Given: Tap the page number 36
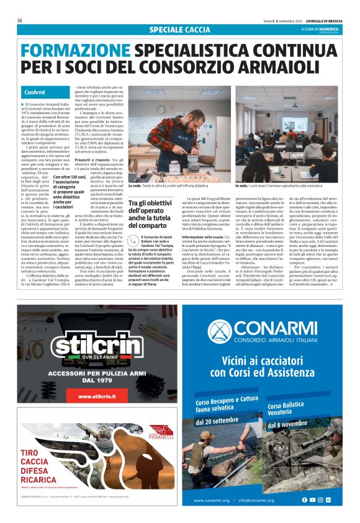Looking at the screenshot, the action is click(x=20, y=20).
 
